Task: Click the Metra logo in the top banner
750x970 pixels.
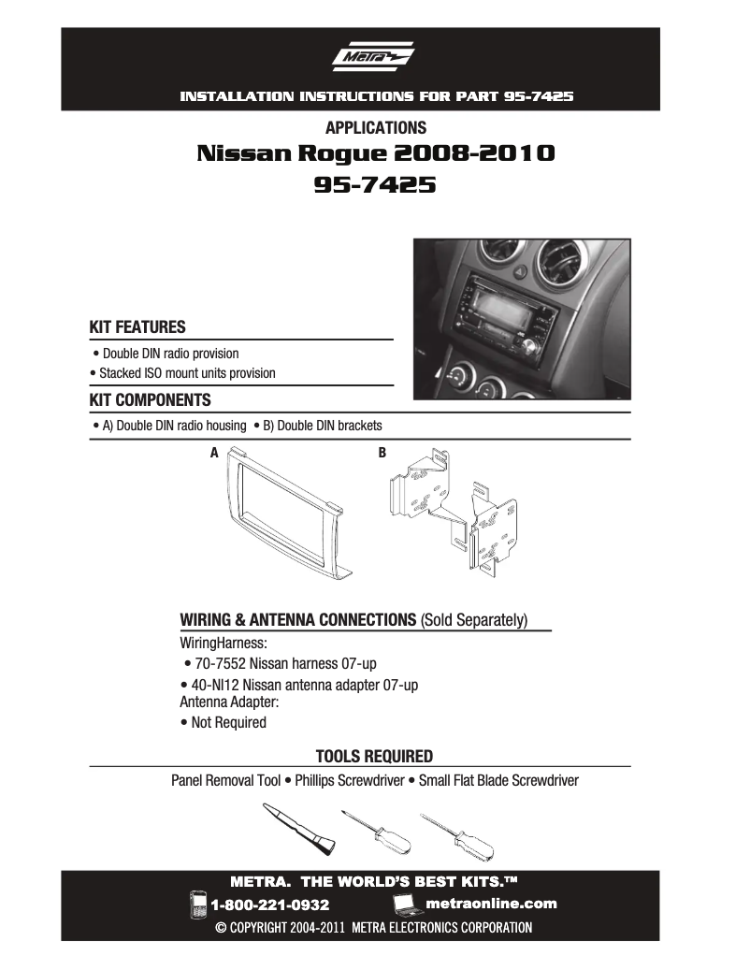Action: (x=374, y=60)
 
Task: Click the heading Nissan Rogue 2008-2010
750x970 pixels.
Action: (x=376, y=153)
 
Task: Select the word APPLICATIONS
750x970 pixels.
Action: (x=376, y=128)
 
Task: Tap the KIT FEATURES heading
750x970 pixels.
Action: (x=137, y=327)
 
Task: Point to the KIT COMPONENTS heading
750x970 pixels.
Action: (x=150, y=400)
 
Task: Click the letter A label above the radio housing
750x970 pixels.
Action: (x=214, y=453)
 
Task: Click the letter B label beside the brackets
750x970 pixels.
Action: (x=382, y=453)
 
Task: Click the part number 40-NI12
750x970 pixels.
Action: (x=221, y=685)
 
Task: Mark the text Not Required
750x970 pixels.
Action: (x=228, y=722)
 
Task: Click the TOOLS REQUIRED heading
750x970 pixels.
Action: (x=374, y=756)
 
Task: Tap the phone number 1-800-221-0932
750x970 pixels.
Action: (x=270, y=905)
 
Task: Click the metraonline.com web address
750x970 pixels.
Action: (x=490, y=904)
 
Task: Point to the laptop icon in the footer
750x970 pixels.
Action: (x=405, y=905)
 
